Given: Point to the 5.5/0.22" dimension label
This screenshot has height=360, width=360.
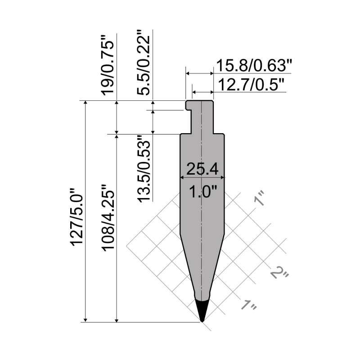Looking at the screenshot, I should coord(145,62).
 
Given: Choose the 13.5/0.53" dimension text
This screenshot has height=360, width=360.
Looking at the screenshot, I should coord(145,169).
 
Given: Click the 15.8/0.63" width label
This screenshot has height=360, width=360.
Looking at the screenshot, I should coord(254,66).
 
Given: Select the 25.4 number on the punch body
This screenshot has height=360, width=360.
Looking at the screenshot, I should coord(202,169).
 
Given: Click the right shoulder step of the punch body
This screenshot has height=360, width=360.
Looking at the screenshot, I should coord(219,134).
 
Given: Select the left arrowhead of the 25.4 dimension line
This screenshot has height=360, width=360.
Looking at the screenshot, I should coord(182,177).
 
